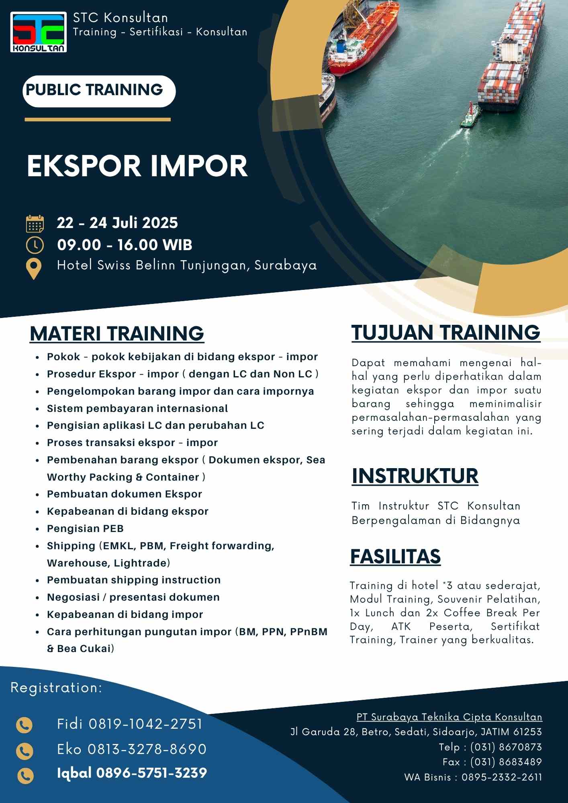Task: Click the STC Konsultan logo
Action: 39,33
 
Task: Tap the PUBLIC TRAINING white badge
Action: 99,91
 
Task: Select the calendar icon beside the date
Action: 35,224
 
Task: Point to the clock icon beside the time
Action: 35,245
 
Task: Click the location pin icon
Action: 34,269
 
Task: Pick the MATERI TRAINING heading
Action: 117,334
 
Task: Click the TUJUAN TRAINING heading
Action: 446,333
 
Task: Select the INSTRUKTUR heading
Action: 415,476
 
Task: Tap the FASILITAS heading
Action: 395,556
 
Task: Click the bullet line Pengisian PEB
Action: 85,528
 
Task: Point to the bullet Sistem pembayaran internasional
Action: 137,408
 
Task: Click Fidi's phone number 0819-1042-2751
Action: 145,724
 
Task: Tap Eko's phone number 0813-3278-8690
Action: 147,749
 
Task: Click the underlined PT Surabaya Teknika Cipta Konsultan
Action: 449,717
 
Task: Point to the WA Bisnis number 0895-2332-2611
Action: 502,777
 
